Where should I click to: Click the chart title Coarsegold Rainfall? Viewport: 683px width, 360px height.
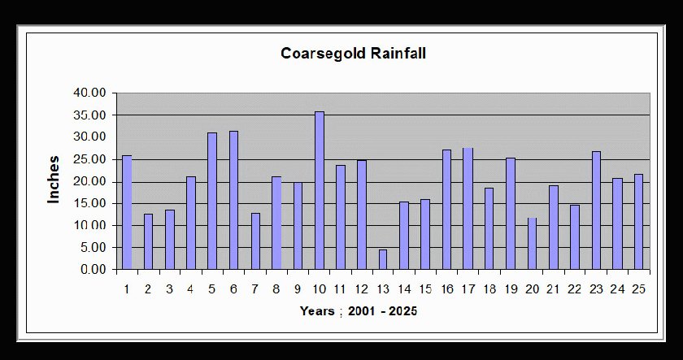[x=353, y=54]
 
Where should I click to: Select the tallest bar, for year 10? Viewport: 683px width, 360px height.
[x=319, y=190]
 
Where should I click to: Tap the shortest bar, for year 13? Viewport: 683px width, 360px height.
[x=383, y=259]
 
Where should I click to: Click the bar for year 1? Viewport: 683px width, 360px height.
[x=127, y=212]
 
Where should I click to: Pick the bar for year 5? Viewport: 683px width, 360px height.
[x=212, y=201]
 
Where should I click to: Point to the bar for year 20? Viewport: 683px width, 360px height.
[x=532, y=243]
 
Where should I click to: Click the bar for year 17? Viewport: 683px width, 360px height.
[x=468, y=208]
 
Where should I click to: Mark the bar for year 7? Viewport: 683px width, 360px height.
[x=254, y=241]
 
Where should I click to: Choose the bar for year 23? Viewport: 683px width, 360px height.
[x=596, y=210]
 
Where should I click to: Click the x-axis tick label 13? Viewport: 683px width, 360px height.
[x=383, y=288]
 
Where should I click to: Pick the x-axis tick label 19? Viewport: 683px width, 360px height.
[x=511, y=288]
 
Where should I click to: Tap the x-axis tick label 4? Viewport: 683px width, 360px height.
[x=191, y=288]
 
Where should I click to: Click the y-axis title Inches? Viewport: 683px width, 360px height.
[x=54, y=180]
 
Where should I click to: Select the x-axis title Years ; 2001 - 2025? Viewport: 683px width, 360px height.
[x=358, y=311]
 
